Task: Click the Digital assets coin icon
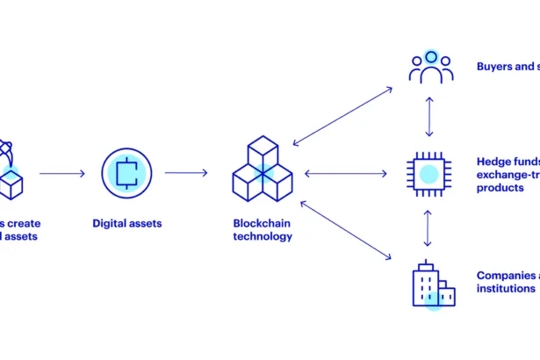coord(127,172)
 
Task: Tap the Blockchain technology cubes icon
coord(263,172)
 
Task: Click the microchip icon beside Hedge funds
coord(428,172)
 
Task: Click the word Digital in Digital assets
coord(110,224)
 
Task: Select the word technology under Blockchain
coord(263,236)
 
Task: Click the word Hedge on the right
coord(493,162)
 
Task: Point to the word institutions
coord(506,288)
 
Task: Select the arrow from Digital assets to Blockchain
coord(186,173)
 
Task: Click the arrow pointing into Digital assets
coord(62,173)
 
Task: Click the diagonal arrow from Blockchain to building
coord(345,230)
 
